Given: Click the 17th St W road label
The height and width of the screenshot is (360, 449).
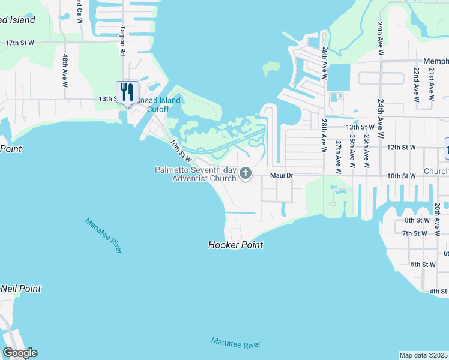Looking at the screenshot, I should (x=20, y=43).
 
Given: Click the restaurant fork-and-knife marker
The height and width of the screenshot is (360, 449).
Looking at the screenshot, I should (x=127, y=92).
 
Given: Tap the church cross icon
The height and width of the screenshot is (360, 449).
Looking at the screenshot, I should (x=245, y=174).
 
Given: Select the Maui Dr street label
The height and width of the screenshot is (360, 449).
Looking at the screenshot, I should (x=280, y=176).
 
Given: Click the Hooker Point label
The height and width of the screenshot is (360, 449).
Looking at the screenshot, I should (x=235, y=245).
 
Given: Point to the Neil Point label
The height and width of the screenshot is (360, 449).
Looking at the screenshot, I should (x=21, y=289).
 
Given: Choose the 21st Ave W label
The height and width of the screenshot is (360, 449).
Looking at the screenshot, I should (x=431, y=82).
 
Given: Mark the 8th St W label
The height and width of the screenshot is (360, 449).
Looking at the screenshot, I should (x=417, y=220).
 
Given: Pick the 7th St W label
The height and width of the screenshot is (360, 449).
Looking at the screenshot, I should (x=414, y=233).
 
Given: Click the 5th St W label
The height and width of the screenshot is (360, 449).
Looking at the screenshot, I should (x=423, y=265).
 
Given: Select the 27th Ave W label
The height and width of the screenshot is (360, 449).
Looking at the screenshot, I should (x=339, y=157).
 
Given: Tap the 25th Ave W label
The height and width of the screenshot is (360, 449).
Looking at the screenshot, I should (x=366, y=148).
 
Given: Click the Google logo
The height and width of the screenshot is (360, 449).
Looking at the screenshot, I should (x=20, y=353).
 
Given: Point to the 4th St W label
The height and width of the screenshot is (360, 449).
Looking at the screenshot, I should (x=438, y=292).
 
